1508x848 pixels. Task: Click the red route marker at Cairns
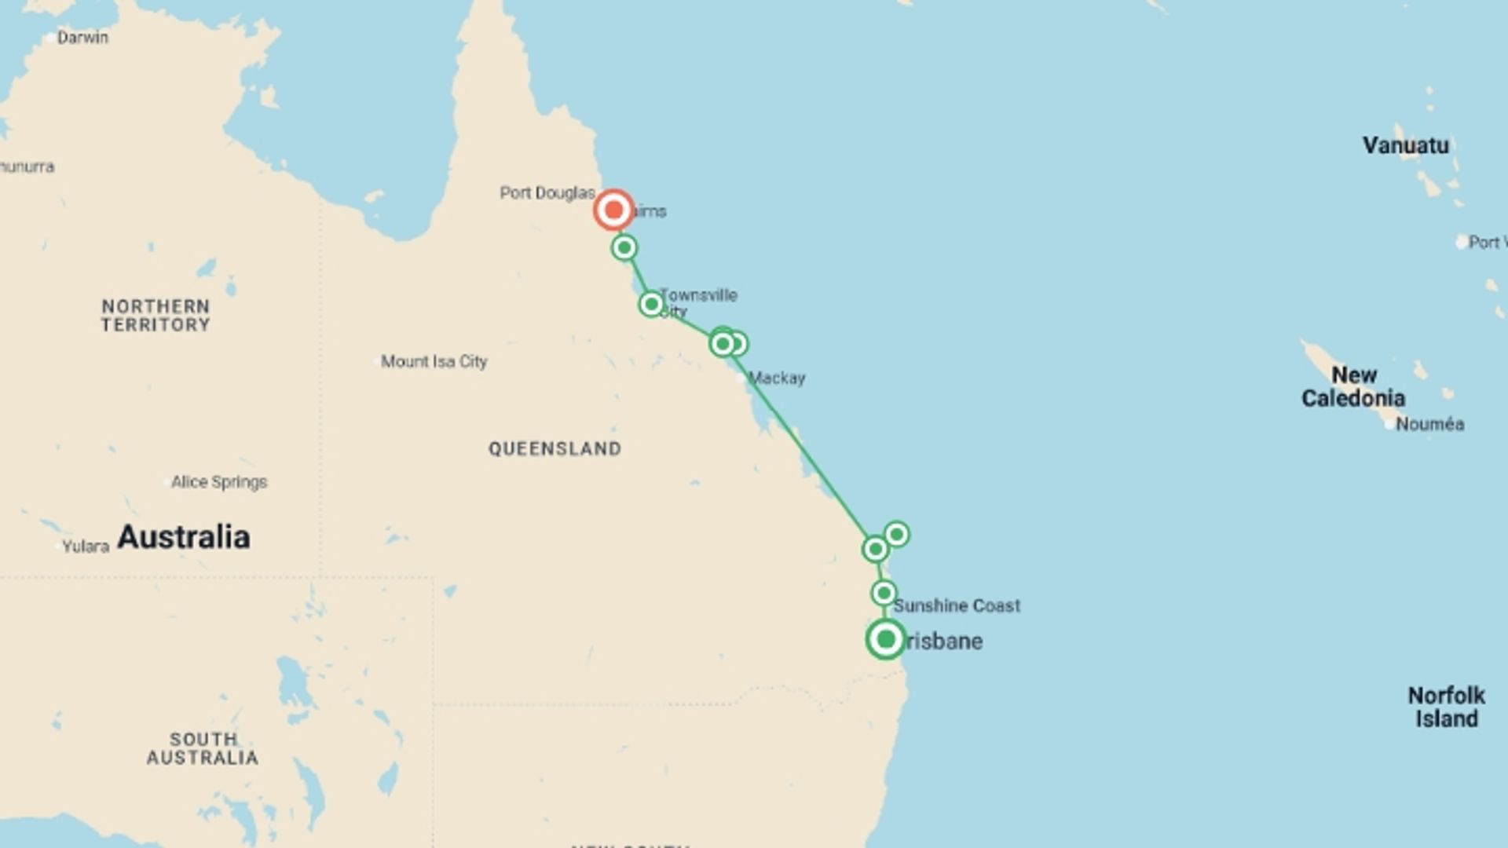pos(613,210)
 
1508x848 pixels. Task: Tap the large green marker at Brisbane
pos(886,639)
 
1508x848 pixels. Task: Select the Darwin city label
pos(82,37)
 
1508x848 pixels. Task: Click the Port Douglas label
pos(547,192)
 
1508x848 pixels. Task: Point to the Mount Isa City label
pos(434,361)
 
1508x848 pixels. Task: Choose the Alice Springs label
pos(219,481)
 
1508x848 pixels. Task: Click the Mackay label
pos(777,378)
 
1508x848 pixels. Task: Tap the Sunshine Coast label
pos(957,605)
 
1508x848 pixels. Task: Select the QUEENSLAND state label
pos(555,448)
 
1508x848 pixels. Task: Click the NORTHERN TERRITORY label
pos(156,316)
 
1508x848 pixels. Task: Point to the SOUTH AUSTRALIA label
pos(203,748)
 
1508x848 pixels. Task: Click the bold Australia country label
pos(184,537)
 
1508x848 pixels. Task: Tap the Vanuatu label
pos(1406,145)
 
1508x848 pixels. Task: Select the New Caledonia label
pos(1353,386)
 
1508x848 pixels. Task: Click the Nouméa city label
pos(1429,424)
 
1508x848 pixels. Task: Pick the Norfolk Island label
pos(1446,707)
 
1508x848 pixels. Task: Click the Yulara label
pos(86,546)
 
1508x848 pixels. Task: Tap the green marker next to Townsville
pos(651,304)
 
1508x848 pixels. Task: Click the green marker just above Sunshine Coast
pos(884,593)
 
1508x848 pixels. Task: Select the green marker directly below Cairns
pos(624,248)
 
